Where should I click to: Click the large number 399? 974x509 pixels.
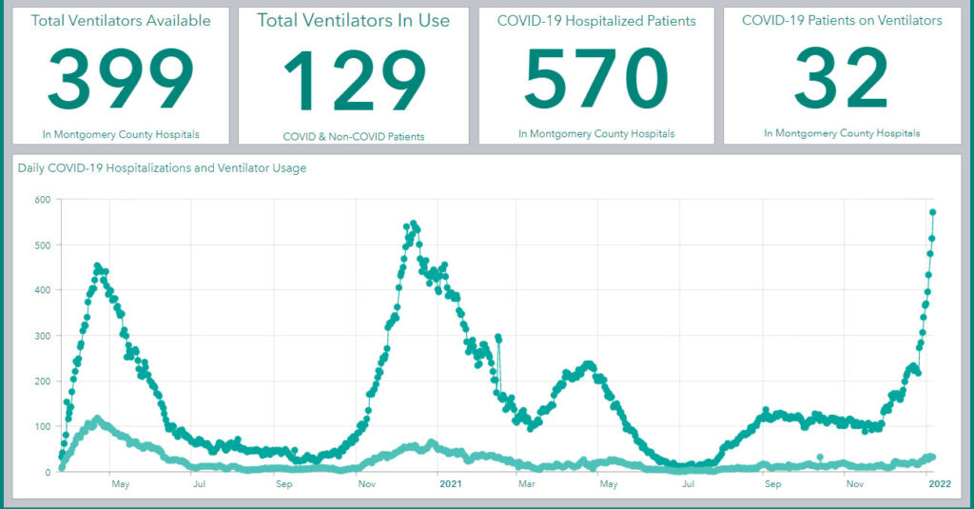pos(121,79)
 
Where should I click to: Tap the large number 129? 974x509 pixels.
pos(355,80)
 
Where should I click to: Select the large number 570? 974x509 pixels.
pos(596,78)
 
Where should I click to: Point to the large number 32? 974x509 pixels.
pos(842,78)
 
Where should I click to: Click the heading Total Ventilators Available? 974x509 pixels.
pos(121,21)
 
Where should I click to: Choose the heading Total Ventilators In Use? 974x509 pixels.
pos(354,21)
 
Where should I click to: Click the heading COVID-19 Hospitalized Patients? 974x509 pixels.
pos(596,21)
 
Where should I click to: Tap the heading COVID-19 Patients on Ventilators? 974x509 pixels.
pos(842,21)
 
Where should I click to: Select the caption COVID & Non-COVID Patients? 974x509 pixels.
pos(354,137)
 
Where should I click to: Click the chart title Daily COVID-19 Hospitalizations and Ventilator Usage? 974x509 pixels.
pos(162,168)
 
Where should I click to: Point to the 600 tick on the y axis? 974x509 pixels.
pos(43,200)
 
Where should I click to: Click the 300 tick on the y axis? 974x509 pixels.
pos(43,336)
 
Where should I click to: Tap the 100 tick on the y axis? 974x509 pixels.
pos(43,426)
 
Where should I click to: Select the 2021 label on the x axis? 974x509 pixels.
pos(450,483)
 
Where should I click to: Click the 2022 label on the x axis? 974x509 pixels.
pos(940,483)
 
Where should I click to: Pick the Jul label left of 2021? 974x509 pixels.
pos(199,483)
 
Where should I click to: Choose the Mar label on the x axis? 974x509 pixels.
pos(527,483)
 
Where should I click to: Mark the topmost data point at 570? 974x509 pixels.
pos(932,212)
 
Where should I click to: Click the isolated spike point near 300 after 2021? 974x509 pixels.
pos(498,338)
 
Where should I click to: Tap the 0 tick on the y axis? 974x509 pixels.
pos(48,472)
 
